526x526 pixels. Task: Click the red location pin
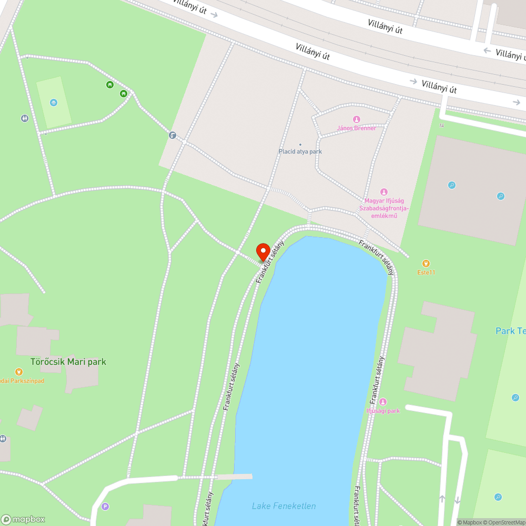262,250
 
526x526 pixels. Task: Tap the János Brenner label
357,128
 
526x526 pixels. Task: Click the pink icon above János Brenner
357,119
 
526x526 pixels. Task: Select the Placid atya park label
300,151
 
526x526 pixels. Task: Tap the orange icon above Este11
426,263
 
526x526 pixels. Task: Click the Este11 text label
426,272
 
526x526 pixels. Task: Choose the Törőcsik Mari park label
68,362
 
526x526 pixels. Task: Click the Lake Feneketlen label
284,506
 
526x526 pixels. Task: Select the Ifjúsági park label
383,411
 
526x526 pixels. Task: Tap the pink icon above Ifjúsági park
383,402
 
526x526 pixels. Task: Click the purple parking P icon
105,507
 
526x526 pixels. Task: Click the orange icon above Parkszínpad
19,372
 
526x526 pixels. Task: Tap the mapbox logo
23,519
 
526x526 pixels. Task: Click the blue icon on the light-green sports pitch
53,102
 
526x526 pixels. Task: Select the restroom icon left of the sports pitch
25,118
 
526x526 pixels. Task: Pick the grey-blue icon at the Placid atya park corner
172,135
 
